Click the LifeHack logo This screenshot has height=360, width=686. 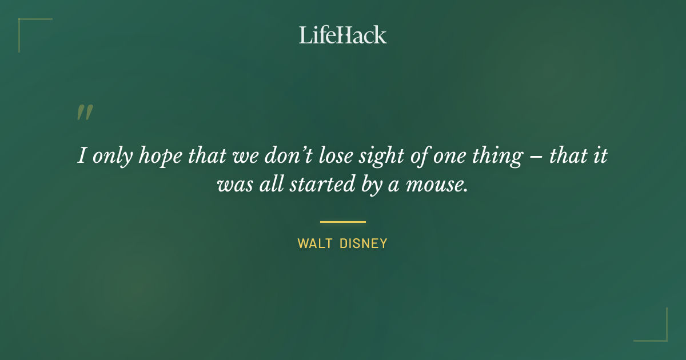[x=343, y=35]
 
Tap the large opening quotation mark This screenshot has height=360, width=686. [x=85, y=113]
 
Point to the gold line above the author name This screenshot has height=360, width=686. [x=343, y=222]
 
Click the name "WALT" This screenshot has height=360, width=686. [x=314, y=243]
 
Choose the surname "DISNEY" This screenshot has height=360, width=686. [x=364, y=243]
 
